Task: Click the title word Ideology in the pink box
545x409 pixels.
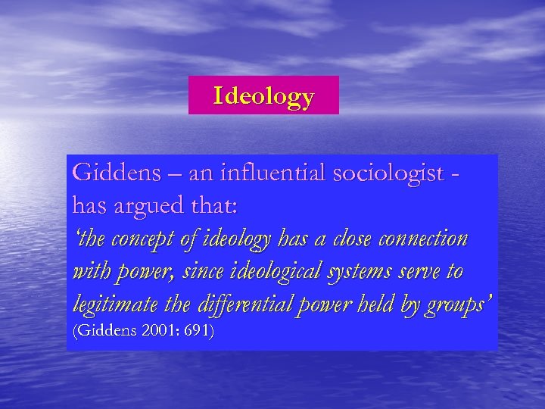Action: [x=263, y=96]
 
